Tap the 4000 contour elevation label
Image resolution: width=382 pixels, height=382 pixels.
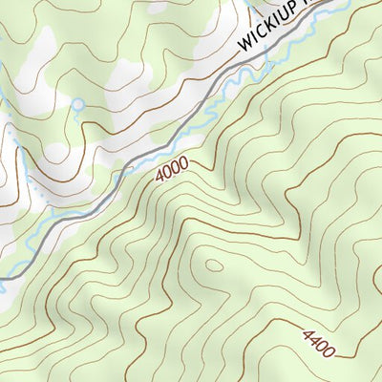coord(171,169)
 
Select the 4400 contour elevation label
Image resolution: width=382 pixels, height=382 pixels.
coord(319,344)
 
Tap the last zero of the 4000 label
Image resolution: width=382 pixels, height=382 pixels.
coord(182,163)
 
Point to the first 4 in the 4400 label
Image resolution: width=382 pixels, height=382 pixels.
coord(307,336)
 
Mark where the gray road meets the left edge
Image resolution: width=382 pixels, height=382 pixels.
coord(3,279)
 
